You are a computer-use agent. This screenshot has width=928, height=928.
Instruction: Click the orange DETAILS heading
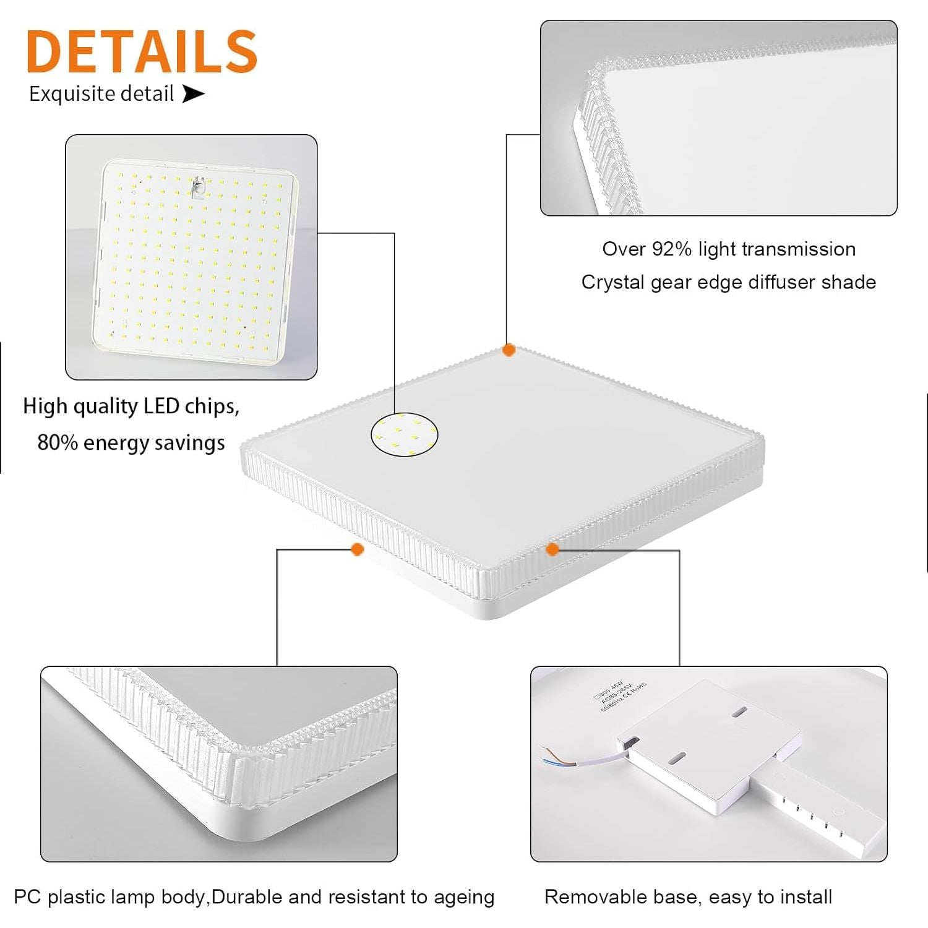pyautogui.click(x=142, y=52)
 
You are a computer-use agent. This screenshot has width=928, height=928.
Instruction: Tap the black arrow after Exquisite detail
pyautogui.click(x=193, y=94)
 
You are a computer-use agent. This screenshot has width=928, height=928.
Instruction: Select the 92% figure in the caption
pyautogui.click(x=671, y=249)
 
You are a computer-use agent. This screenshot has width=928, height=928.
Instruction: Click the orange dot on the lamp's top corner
pyautogui.click(x=509, y=350)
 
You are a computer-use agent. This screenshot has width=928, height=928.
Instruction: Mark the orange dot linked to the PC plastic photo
pyautogui.click(x=357, y=549)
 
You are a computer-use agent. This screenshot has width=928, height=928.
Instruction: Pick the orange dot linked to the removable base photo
pyautogui.click(x=552, y=549)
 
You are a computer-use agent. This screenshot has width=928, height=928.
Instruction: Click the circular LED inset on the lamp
pyautogui.click(x=404, y=434)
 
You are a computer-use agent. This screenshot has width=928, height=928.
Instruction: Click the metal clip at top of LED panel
pyautogui.click(x=199, y=187)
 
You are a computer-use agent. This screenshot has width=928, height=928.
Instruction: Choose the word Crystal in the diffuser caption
pyautogui.click(x=612, y=282)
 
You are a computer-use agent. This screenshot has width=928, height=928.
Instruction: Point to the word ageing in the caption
pyautogui.click(x=464, y=898)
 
